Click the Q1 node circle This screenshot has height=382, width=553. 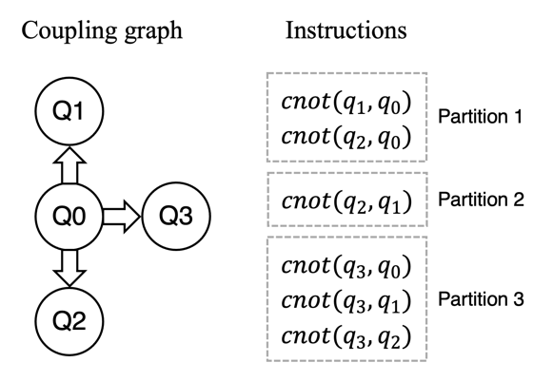click(x=69, y=111)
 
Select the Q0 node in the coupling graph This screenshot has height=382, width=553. click(x=69, y=216)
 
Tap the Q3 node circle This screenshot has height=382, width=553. click(x=176, y=216)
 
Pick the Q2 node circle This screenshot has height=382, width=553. click(x=69, y=321)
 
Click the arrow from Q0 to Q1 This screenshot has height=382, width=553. click(x=69, y=164)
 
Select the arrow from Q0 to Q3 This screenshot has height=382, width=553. click(x=122, y=216)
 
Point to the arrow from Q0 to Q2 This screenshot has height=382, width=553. click(x=69, y=268)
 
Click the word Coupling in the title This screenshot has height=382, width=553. click(x=68, y=31)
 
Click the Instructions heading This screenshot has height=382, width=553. click(x=346, y=30)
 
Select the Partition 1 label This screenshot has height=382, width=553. click(x=480, y=116)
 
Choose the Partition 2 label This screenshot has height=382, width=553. click(x=481, y=200)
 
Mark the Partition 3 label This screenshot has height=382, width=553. click(x=481, y=299)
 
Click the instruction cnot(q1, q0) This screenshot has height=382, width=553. click(x=346, y=104)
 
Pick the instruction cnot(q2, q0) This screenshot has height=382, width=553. click(x=346, y=137)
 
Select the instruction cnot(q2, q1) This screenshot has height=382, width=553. click(x=346, y=201)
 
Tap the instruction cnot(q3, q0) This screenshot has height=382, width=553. click(x=346, y=266)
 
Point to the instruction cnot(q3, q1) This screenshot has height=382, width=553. click(x=346, y=301)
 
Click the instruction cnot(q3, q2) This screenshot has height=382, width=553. click(x=346, y=336)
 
